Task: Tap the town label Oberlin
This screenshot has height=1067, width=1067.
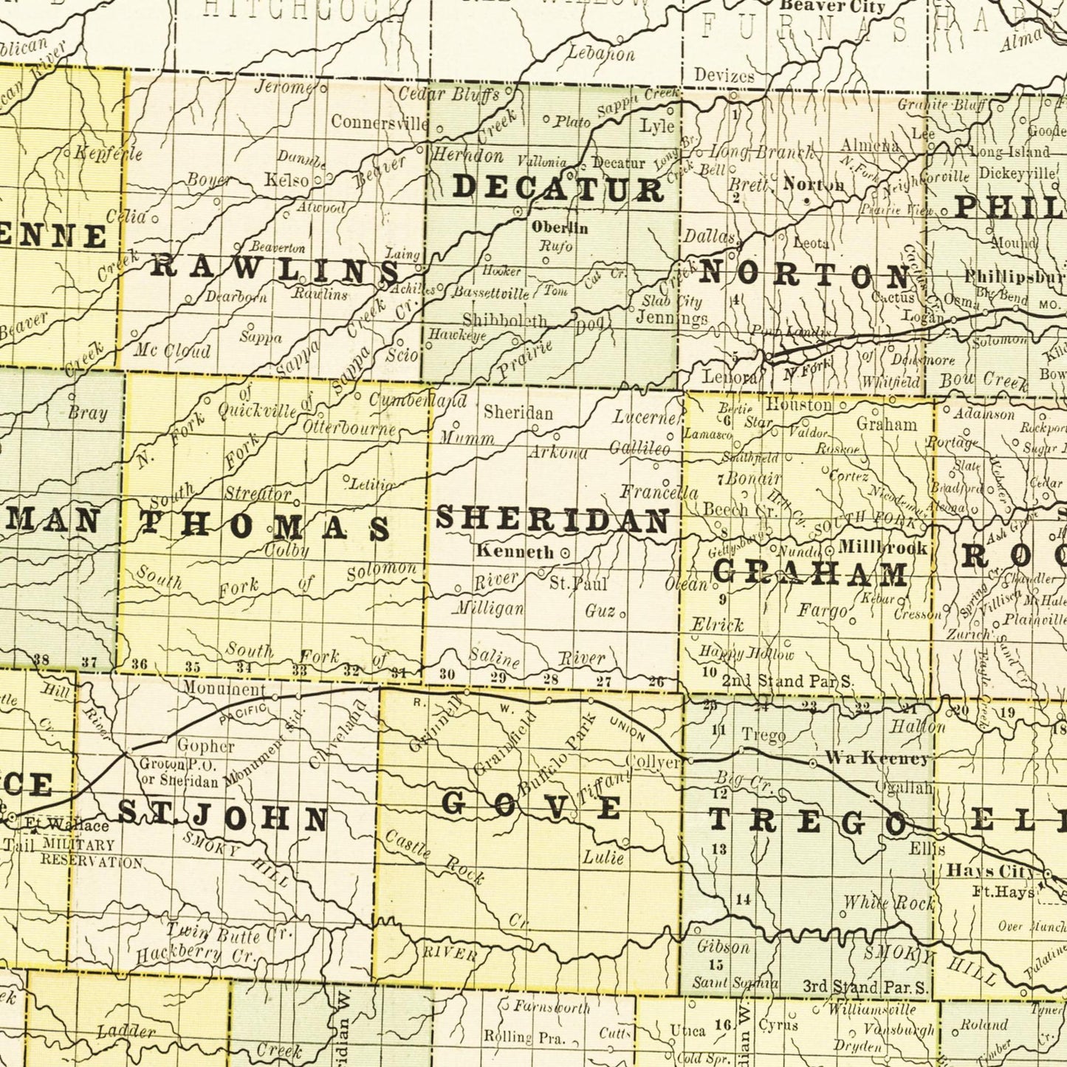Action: click(560, 227)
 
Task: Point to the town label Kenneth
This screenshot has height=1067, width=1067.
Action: click(515, 551)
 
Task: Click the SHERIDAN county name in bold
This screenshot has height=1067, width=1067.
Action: click(552, 520)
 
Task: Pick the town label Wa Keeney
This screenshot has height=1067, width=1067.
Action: click(876, 758)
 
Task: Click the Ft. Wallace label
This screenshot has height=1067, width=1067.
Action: click(67, 825)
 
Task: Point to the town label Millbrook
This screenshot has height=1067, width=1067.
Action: click(882, 548)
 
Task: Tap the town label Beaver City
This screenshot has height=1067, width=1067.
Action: click(832, 7)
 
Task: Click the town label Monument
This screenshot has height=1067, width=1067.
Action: click(224, 690)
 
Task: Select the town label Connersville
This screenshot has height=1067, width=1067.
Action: click(379, 122)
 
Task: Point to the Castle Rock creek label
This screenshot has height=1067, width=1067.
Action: click(434, 857)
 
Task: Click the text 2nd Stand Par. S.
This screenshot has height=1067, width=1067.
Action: click(786, 680)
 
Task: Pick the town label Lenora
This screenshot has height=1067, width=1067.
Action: click(730, 377)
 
